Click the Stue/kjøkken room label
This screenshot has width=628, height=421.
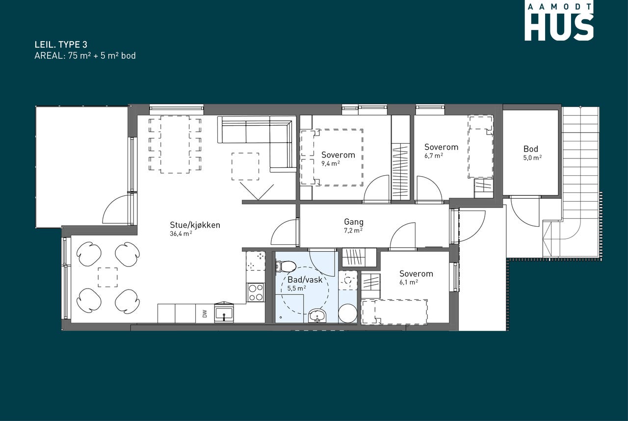tap(195, 225)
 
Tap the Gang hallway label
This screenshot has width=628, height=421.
tap(354, 222)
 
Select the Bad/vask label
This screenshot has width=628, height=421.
tap(305, 280)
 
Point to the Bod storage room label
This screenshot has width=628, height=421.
tap(531, 149)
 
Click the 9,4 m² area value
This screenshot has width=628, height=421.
tap(331, 163)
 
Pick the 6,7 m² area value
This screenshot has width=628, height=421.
tap(433, 156)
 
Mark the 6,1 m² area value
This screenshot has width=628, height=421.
tap(409, 282)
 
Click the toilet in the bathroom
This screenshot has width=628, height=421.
tap(286, 266)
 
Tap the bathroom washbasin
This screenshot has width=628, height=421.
tap(317, 316)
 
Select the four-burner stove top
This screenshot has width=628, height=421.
tap(255, 292)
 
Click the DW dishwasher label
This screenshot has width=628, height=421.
tap(205, 314)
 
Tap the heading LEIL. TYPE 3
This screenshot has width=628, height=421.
tap(61, 45)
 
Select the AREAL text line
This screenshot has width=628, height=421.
tap(85, 56)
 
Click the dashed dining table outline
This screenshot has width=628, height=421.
tap(175, 144)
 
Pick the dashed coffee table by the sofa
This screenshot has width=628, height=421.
tap(245, 166)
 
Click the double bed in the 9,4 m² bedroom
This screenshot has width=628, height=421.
tap(332, 157)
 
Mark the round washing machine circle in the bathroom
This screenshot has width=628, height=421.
tap(348, 314)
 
